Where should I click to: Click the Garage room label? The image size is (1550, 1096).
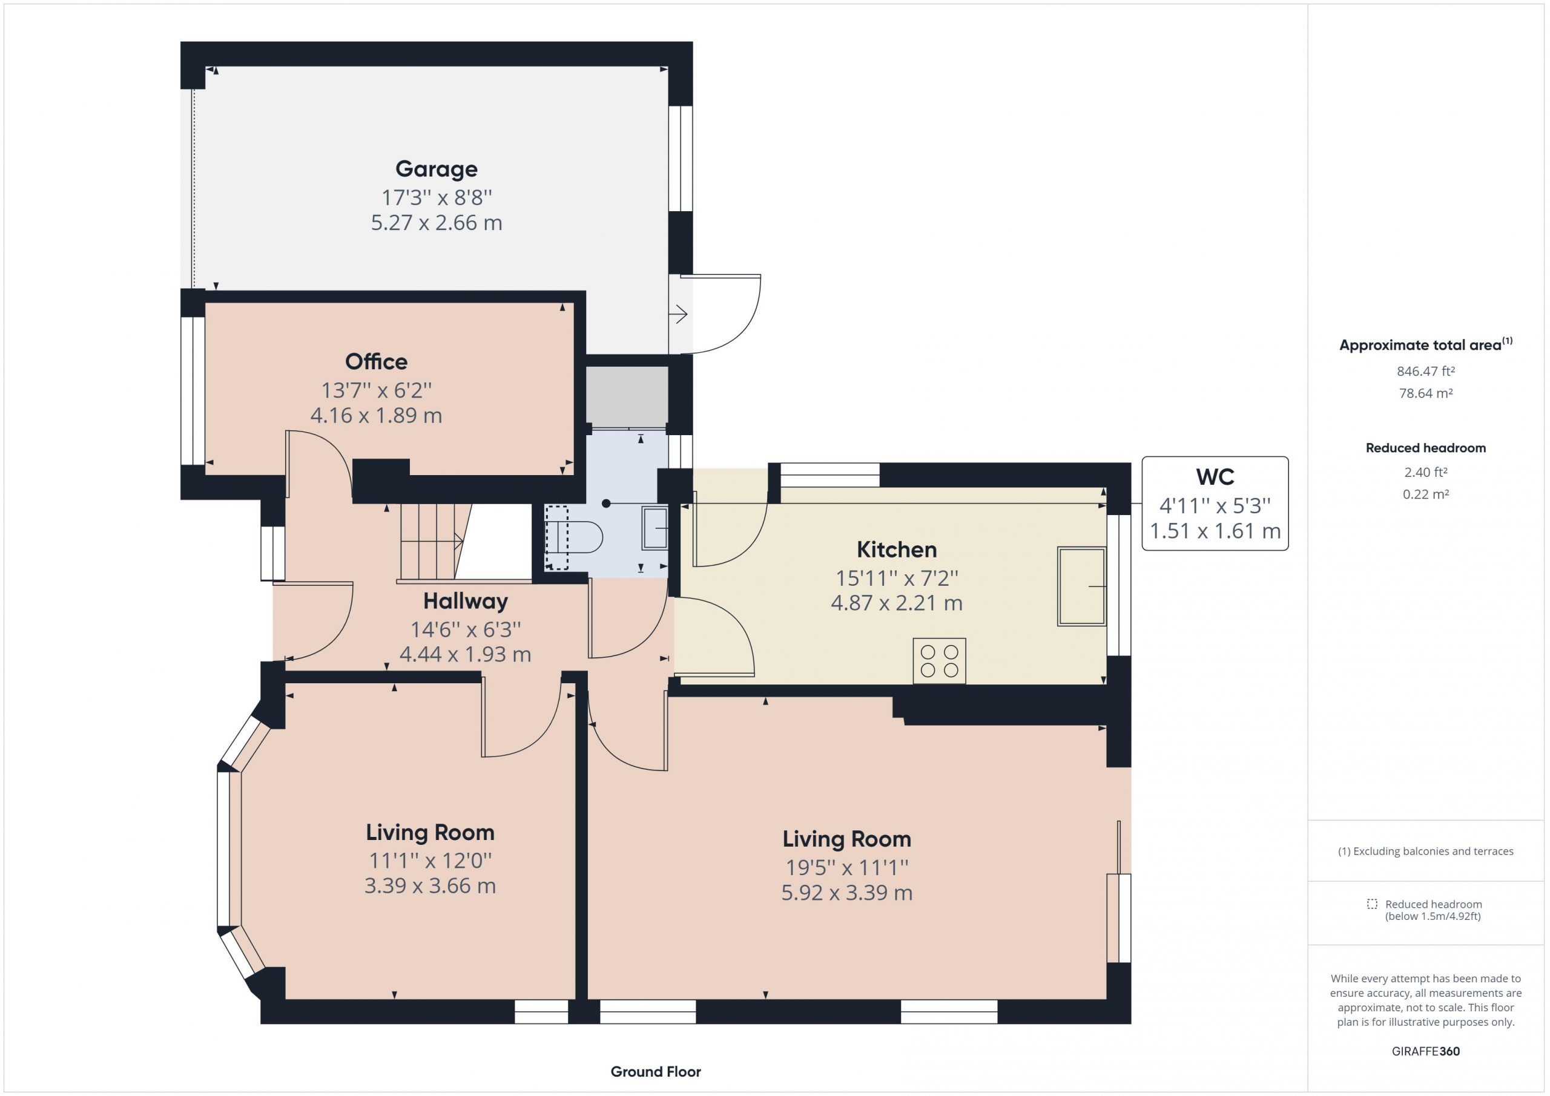click(436, 169)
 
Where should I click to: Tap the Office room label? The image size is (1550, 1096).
click(376, 362)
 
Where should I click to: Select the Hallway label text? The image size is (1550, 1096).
click(465, 600)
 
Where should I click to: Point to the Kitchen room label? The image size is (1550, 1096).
click(897, 550)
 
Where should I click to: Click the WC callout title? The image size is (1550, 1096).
click(1215, 477)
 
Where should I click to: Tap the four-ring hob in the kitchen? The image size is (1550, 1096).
click(939, 661)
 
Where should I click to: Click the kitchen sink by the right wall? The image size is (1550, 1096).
click(1081, 586)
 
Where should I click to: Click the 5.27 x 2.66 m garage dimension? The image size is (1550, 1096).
click(436, 223)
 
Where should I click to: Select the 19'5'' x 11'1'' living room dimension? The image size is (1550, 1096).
click(846, 867)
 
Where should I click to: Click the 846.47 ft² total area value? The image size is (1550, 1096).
click(1425, 371)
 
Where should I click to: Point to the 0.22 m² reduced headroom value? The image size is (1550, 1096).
click(1425, 494)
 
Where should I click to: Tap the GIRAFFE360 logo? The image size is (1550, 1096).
click(1425, 1051)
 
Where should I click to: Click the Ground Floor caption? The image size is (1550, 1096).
click(656, 1071)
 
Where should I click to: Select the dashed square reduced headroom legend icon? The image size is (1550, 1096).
click(1372, 904)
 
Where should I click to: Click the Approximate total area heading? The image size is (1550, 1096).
click(1426, 344)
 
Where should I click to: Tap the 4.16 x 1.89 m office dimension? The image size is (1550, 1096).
click(376, 415)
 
